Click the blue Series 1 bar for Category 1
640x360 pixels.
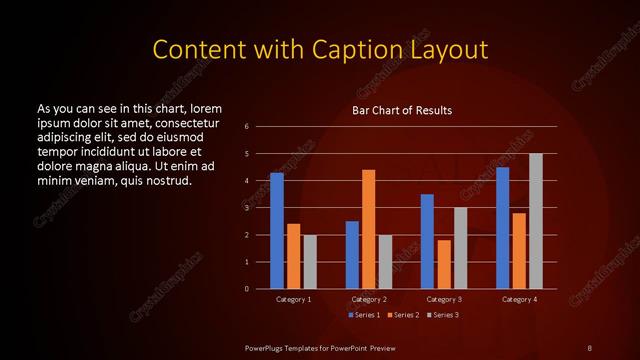click(x=277, y=231)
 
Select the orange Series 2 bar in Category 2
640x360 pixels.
click(x=369, y=229)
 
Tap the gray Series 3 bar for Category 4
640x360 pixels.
click(x=536, y=221)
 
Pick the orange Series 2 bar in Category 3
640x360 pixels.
click(x=444, y=264)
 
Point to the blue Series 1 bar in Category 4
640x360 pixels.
click(x=503, y=228)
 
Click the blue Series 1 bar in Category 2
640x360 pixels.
click(x=352, y=255)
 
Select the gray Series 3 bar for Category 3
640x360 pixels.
click(x=460, y=248)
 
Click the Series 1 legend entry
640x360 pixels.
click(x=363, y=315)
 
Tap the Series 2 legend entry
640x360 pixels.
click(x=402, y=315)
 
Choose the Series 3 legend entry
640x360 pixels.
click(x=442, y=315)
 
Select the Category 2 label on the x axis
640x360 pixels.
click(x=369, y=299)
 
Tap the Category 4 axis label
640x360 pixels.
click(x=519, y=299)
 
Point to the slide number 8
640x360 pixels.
click(x=589, y=347)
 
